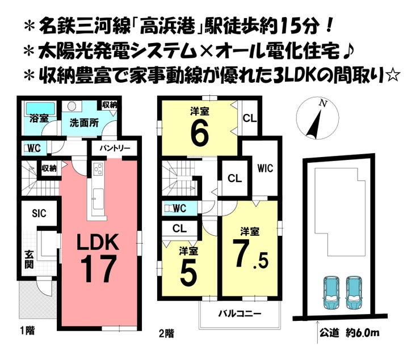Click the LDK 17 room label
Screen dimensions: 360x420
click(x=98, y=256)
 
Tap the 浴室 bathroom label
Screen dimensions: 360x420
click(x=39, y=120)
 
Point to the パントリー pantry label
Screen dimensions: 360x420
click(x=115, y=148)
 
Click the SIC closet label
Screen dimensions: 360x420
click(x=39, y=214)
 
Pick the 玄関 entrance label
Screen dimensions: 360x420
click(x=29, y=259)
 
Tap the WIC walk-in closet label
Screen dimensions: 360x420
click(x=265, y=168)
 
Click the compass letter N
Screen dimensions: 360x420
click(x=323, y=103)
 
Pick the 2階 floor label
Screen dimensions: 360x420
click(x=167, y=333)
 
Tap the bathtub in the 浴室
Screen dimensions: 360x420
click(x=39, y=107)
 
